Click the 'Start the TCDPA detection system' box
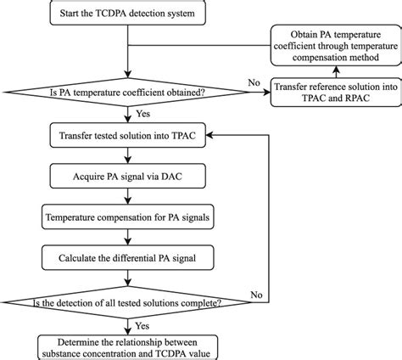point(126,15)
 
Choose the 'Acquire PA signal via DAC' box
point(126,179)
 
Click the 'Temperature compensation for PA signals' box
point(126,217)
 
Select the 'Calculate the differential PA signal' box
point(126,256)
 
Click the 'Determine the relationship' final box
point(126,344)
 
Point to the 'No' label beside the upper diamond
point(254,83)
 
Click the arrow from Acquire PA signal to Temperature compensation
point(126,199)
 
